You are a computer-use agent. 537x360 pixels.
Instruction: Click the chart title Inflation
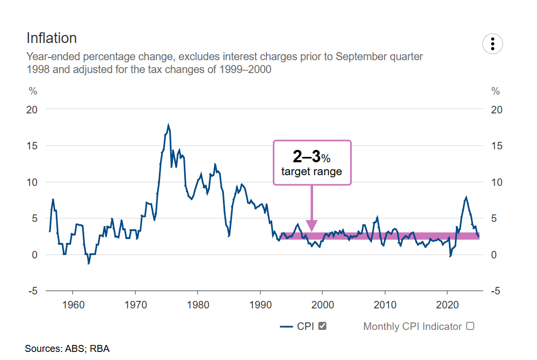tap(52, 38)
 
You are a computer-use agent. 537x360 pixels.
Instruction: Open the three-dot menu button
tap(492, 44)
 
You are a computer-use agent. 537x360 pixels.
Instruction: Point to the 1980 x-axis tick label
tap(198, 306)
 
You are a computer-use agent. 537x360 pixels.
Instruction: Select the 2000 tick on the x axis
tap(323, 306)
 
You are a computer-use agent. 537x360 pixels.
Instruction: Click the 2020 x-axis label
tap(447, 306)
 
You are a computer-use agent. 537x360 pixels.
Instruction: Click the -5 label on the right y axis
tap(497, 291)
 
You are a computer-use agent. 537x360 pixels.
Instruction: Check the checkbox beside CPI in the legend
tap(323, 326)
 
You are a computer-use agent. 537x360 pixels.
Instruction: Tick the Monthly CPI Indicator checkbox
tap(470, 326)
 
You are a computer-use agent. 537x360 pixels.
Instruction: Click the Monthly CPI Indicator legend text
tap(412, 326)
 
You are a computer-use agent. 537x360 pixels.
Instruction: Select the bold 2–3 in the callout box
tap(306, 157)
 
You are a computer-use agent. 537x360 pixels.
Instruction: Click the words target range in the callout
tap(311, 172)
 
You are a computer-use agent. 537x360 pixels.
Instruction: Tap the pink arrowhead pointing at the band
tap(311, 226)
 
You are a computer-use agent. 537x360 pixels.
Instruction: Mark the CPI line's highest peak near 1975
tap(168, 125)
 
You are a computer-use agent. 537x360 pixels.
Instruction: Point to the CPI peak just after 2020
tap(466, 197)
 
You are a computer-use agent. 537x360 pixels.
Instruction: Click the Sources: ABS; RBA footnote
tap(67, 349)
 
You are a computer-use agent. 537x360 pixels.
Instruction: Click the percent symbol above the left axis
tap(33, 90)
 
